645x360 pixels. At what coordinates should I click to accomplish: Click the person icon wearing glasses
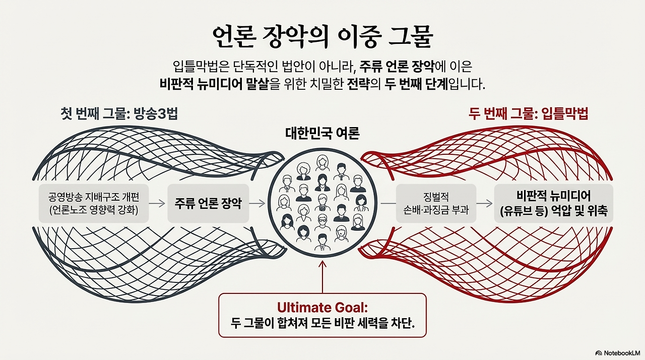[x=322, y=223]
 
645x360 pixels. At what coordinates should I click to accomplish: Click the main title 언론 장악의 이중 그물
[x=322, y=38]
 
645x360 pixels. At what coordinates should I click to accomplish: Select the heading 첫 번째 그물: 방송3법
[x=119, y=113]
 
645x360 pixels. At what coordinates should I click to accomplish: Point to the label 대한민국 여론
[x=322, y=133]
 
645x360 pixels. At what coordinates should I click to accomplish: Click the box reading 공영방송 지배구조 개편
[x=94, y=203]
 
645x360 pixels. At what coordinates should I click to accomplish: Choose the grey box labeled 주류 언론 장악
[x=208, y=203]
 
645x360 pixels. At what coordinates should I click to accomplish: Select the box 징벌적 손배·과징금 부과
[x=436, y=203]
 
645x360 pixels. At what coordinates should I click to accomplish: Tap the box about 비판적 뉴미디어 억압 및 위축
[x=554, y=203]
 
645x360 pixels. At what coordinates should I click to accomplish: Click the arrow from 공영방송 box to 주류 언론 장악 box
[x=157, y=203]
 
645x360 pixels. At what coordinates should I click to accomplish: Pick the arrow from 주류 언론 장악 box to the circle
[x=257, y=203]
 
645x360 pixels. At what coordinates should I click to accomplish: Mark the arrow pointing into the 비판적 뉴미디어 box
[x=485, y=203]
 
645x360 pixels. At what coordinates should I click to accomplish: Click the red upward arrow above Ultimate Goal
[x=322, y=277]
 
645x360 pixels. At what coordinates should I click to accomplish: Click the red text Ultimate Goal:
[x=322, y=308]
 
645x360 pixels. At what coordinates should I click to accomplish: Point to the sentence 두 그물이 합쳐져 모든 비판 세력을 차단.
[x=322, y=323]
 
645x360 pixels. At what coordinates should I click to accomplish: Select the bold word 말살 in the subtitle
[x=257, y=84]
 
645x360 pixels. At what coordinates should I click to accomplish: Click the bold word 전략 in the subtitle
[x=358, y=84]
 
